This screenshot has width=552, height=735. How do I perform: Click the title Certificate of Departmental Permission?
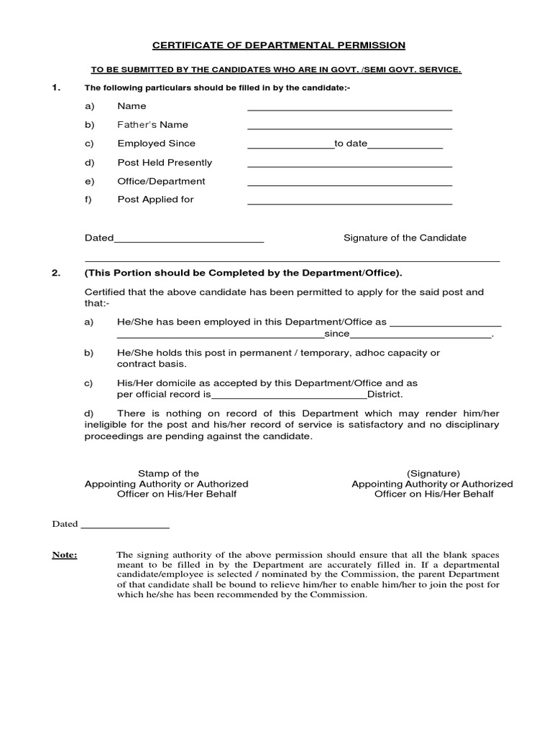(279, 45)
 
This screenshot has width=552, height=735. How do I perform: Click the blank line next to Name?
(349, 110)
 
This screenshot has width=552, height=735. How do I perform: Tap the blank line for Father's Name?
(349, 128)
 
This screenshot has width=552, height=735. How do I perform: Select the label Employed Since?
(156, 144)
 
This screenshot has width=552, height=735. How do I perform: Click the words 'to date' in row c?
(351, 144)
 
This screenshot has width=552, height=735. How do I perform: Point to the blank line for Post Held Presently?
(349, 167)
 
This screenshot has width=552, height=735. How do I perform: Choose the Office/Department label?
(161, 181)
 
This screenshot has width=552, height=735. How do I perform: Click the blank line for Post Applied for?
(349, 204)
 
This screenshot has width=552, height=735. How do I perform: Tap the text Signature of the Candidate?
(405, 238)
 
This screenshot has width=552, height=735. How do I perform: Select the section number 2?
(55, 273)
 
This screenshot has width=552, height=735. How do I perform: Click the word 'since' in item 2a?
(336, 334)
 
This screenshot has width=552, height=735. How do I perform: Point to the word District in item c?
(385, 395)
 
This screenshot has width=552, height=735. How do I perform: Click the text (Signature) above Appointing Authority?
(433, 474)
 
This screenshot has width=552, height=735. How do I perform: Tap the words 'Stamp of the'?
(168, 474)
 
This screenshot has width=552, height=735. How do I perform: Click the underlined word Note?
(65, 555)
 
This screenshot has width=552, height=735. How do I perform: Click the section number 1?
(55, 88)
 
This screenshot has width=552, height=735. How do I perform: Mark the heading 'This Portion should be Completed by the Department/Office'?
(244, 273)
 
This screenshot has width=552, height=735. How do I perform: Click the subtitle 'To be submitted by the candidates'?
(275, 70)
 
